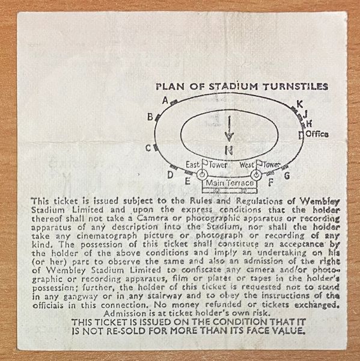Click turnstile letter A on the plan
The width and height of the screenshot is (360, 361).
point(165,100)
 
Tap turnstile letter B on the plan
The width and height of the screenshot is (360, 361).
point(150,117)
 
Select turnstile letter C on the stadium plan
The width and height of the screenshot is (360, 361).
point(148,148)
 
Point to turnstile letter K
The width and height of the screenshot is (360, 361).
point(300,104)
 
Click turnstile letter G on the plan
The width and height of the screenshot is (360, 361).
point(287,176)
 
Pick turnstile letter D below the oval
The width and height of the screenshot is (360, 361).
point(170,176)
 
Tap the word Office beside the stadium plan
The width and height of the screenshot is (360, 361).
point(317,134)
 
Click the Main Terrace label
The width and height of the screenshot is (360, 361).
point(230,183)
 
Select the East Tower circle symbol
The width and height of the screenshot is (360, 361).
point(202,174)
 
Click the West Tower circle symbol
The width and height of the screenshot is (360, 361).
point(255,175)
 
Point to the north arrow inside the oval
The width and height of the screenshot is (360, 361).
point(229,129)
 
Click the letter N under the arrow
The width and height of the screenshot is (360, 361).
point(229,150)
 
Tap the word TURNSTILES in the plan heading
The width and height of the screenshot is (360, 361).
point(296,87)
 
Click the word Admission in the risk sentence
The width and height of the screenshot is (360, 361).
point(124,313)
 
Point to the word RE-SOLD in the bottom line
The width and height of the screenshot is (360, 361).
point(126,331)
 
